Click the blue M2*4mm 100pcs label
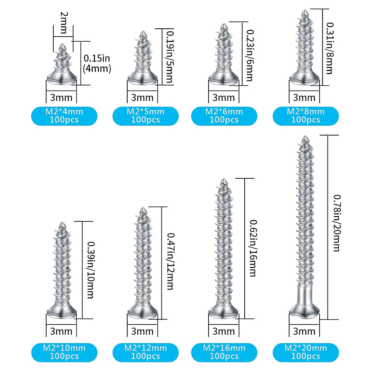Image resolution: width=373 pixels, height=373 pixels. pos(64,116)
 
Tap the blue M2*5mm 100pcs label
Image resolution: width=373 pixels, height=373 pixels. pos(145,116)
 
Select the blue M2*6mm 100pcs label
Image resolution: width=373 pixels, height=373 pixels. pos(224,116)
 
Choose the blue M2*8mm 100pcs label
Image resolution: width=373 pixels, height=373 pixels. pos(305,116)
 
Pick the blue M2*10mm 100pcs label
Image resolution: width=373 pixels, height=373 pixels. pos(64,352)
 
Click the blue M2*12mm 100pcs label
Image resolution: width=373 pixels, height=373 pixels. pos(145,352)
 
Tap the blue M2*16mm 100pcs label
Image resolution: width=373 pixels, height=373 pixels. pos(224,352)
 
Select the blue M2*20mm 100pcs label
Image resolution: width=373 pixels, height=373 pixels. pos(305,352)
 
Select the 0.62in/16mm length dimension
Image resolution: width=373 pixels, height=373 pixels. pos(252,248)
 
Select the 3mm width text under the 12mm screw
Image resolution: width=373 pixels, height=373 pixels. pos(142,331)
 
